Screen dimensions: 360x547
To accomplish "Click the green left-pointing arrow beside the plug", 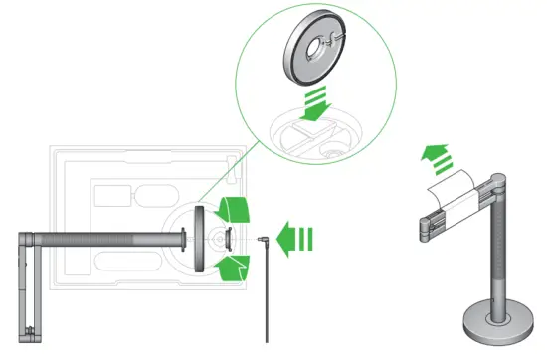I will (295, 240).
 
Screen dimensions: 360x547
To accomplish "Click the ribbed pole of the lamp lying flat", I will (109, 239).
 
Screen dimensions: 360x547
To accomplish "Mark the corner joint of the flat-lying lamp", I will (27, 239).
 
